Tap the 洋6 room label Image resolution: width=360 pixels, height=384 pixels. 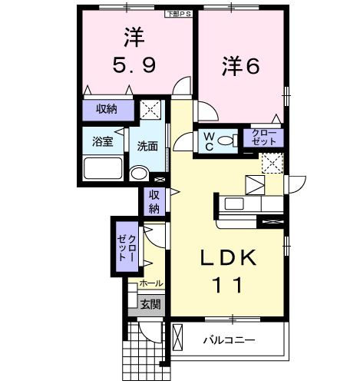(x=240, y=67)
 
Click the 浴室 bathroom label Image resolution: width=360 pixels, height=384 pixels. (x=103, y=141)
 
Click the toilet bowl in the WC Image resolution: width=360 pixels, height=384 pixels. (x=227, y=141)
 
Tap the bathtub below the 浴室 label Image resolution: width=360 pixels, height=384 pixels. (x=103, y=168)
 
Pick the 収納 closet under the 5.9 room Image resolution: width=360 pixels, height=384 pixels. (x=107, y=109)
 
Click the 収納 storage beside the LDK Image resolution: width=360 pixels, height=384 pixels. (x=154, y=201)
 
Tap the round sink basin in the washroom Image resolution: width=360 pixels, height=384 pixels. (x=138, y=174)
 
